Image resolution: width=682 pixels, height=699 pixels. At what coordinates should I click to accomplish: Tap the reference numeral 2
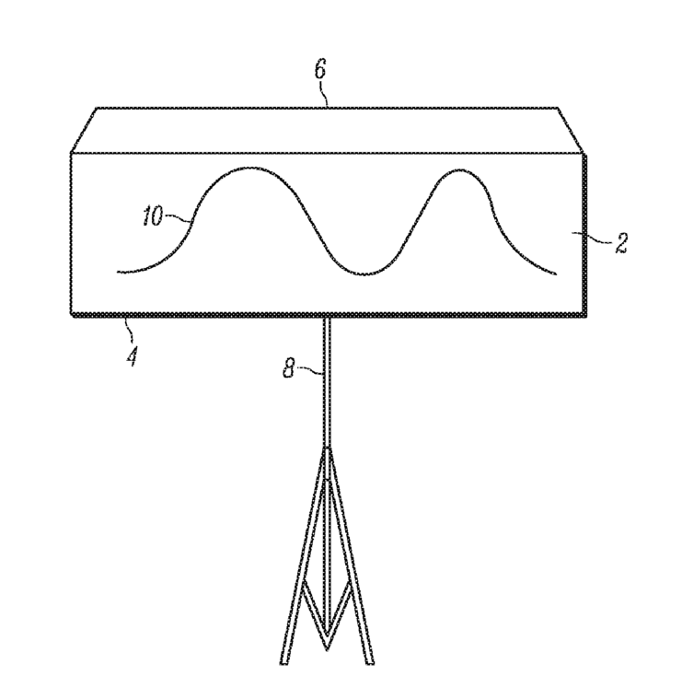621,243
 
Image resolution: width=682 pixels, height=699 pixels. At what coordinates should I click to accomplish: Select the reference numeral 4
133,354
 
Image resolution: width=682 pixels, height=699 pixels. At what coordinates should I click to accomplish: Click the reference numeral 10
153,217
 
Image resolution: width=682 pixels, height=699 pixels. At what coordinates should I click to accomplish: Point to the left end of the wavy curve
119,272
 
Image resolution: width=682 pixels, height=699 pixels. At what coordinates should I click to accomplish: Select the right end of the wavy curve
557,274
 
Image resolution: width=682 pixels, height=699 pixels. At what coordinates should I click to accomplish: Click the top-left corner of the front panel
72,153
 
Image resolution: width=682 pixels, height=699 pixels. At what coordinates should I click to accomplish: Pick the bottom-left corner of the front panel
72,315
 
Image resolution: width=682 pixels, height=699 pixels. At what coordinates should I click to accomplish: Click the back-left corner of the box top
98,109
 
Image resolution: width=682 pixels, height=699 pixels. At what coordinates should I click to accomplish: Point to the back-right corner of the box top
559,109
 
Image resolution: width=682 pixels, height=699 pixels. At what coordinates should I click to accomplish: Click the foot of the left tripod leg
285,661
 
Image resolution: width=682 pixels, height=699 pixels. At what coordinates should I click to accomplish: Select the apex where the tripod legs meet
327,449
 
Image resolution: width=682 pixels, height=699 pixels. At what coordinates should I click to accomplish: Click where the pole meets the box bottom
327,318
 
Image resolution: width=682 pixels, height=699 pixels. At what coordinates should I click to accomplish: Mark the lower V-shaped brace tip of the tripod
328,635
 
